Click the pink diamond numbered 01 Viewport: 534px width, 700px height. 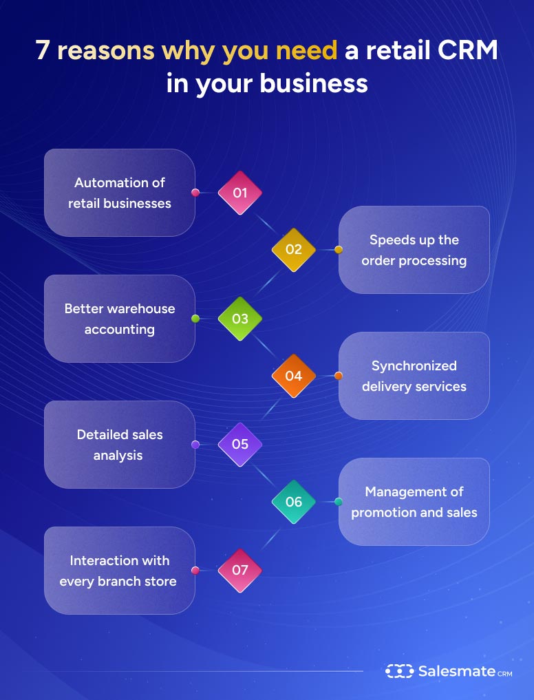[x=239, y=193]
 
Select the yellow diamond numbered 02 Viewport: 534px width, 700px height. [x=293, y=250]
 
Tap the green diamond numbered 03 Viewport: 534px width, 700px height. [x=239, y=319]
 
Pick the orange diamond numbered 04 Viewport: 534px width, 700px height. [x=293, y=376]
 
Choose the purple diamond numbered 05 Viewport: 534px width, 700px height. [x=239, y=445]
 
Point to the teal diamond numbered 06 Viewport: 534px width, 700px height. [x=293, y=502]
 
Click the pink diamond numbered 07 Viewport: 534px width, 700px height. [x=239, y=571]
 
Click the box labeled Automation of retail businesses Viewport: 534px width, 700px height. [x=120, y=193]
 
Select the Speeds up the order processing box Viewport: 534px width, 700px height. [x=414, y=250]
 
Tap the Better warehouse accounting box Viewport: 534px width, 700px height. [x=120, y=319]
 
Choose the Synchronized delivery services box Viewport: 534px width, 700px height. [x=414, y=376]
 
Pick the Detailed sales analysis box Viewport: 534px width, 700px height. [x=120, y=445]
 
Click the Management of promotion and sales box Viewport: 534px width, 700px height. [x=414, y=502]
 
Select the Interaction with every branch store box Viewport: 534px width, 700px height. [x=120, y=571]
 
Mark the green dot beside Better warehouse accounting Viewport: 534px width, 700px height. [x=195, y=319]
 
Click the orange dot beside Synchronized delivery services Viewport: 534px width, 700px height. [x=338, y=376]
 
